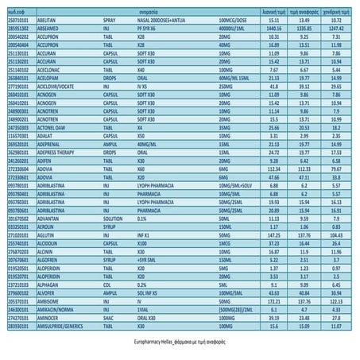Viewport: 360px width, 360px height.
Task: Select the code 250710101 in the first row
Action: pyautogui.click(x=15, y=19)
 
